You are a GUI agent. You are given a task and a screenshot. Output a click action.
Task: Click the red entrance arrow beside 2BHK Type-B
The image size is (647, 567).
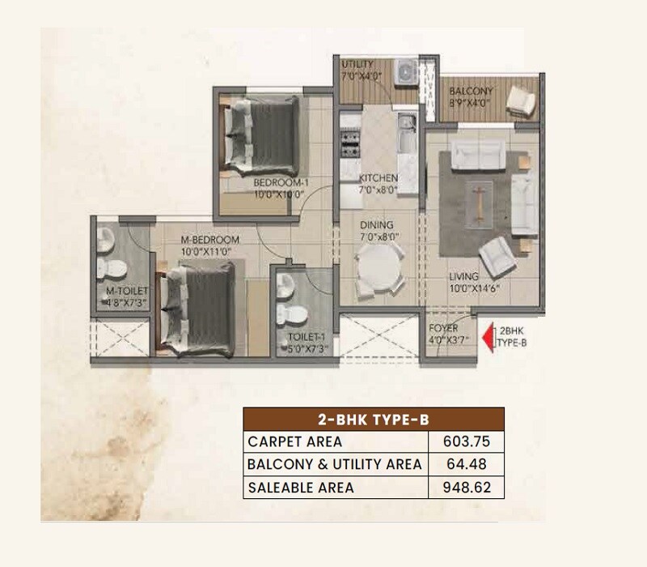pos(488,336)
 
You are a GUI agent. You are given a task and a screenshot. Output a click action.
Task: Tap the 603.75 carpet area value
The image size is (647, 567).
pos(466,441)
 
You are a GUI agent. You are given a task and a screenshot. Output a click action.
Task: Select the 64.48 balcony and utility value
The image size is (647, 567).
pos(466,464)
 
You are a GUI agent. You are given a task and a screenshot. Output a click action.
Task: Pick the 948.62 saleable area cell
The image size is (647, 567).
pos(466,488)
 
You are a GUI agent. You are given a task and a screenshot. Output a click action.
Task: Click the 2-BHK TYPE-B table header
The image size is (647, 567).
pos(374,419)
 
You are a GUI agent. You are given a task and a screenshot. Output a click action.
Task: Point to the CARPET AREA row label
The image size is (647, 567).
pos(295,441)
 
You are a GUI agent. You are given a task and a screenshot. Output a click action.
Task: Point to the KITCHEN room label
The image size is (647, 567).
pos(378,178)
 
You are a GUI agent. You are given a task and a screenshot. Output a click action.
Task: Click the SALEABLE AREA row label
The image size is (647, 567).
pos(302,488)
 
